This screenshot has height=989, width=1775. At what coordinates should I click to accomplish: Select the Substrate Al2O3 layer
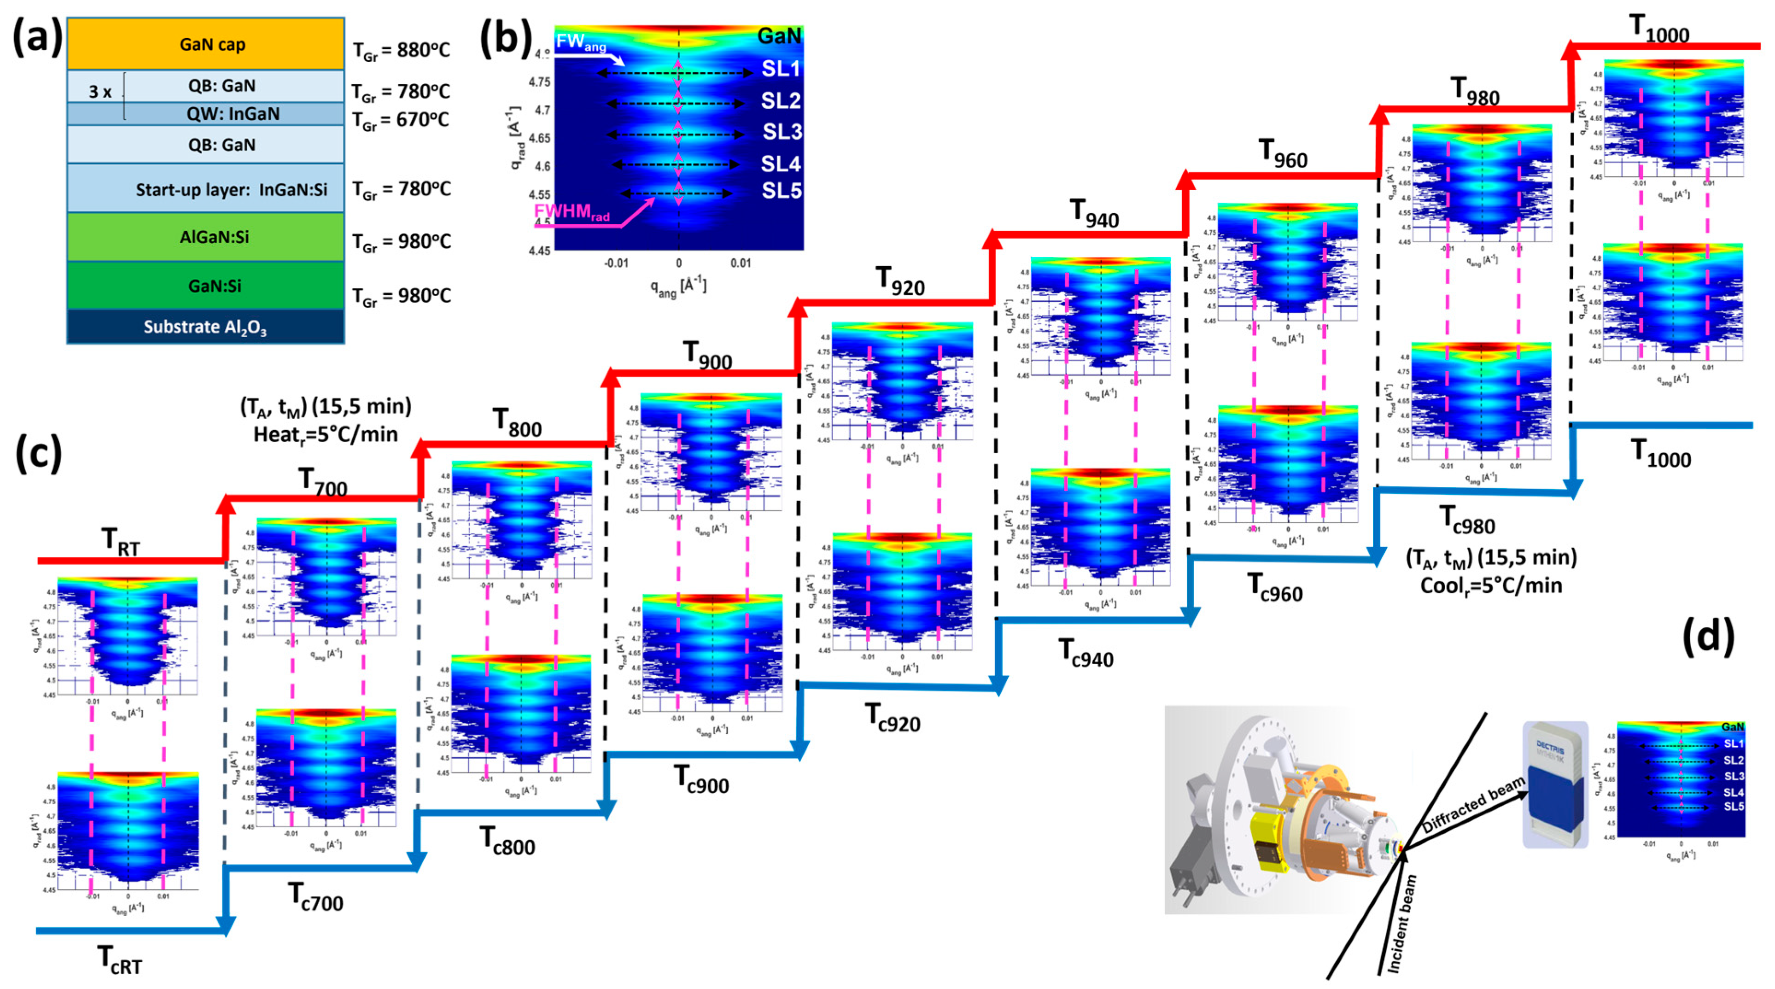tap(205, 327)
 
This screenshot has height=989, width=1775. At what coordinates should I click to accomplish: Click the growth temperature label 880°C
tap(401, 50)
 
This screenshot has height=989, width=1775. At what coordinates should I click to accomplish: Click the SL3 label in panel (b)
tap(782, 132)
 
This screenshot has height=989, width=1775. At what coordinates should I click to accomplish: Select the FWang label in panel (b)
tap(581, 43)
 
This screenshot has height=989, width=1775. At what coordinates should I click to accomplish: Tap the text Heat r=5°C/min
tap(325, 435)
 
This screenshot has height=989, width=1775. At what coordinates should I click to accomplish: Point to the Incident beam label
tap(1401, 924)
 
